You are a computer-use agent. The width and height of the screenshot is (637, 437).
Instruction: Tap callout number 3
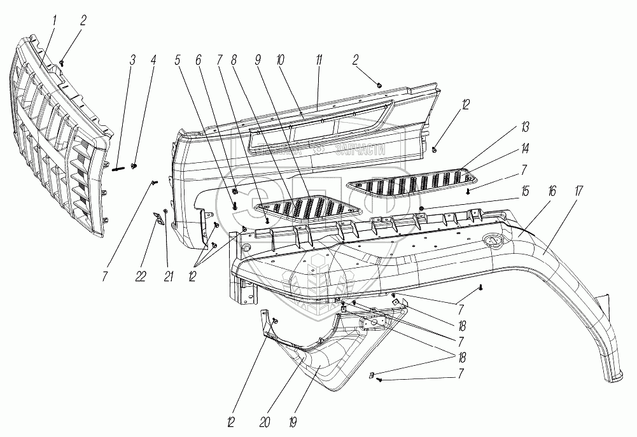tap(132, 61)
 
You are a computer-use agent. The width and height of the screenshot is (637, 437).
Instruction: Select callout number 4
tap(153, 61)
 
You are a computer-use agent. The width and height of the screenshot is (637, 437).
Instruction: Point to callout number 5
tap(178, 61)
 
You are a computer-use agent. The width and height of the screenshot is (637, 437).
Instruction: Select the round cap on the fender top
tap(491, 240)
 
